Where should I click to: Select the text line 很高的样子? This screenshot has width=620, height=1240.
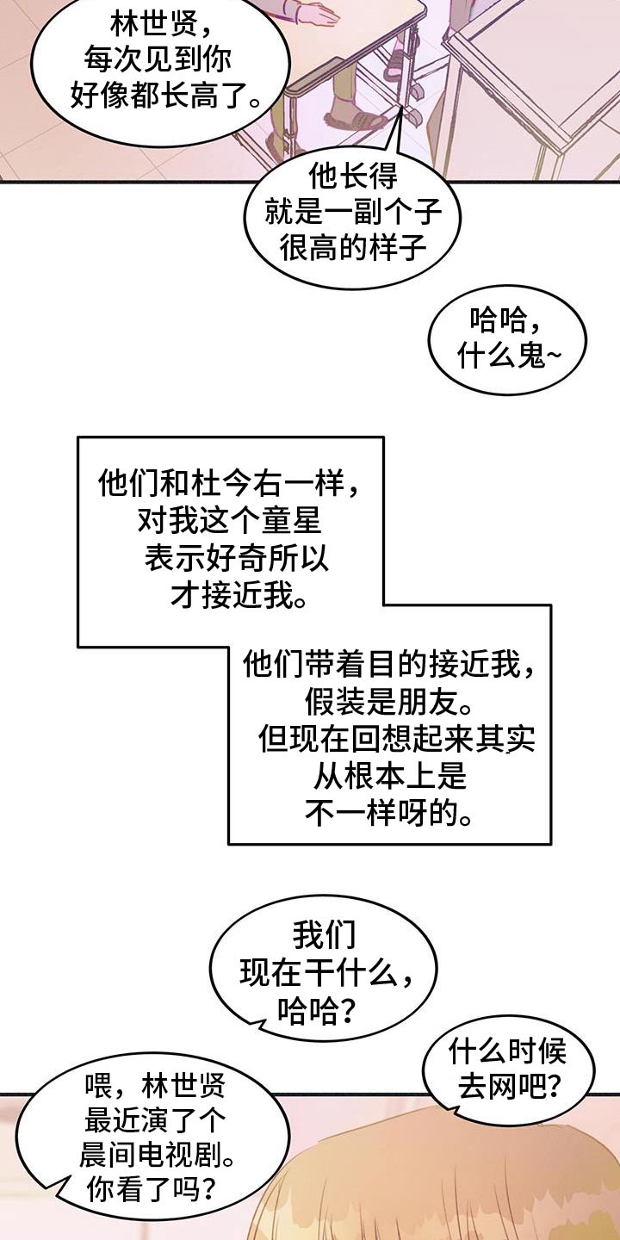click(353, 251)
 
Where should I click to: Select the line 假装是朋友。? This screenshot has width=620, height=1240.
click(389, 702)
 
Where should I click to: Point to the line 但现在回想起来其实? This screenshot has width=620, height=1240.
click(397, 740)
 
